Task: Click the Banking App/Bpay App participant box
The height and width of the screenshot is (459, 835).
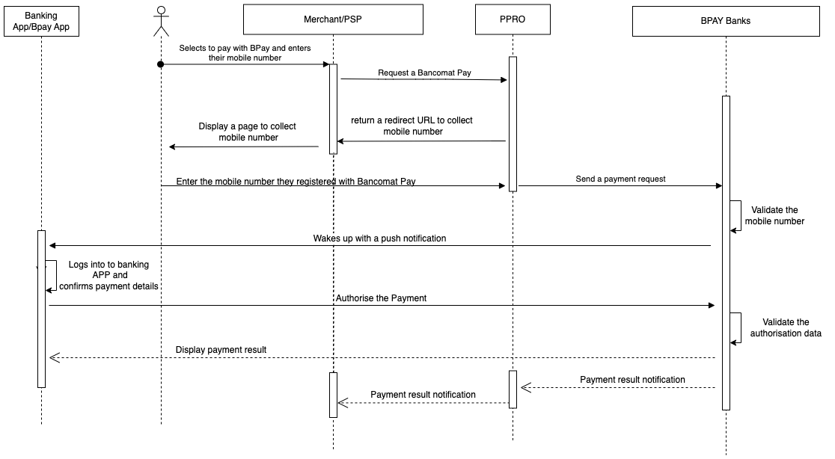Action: (41, 20)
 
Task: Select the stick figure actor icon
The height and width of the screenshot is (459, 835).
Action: (161, 21)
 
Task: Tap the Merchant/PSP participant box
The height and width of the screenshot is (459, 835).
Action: (333, 20)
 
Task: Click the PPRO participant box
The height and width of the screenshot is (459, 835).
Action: (513, 20)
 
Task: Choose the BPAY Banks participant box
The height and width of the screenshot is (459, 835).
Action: (724, 20)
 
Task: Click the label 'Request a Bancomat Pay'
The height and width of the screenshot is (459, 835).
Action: (424, 73)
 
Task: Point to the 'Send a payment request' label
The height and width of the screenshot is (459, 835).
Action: (620, 179)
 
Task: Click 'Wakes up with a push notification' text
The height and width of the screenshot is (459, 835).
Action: (379, 238)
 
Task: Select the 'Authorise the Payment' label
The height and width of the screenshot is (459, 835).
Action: (381, 298)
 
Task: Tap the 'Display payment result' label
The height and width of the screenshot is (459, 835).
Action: (221, 349)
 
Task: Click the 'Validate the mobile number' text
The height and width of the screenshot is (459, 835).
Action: (774, 215)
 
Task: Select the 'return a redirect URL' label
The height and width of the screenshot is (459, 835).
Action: (412, 126)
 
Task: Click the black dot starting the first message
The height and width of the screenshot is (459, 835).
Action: (160, 64)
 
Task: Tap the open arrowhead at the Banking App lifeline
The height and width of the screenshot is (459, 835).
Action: (53, 358)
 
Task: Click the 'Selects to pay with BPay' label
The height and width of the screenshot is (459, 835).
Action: (245, 52)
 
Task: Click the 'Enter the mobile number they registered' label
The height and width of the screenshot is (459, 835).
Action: (296, 181)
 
